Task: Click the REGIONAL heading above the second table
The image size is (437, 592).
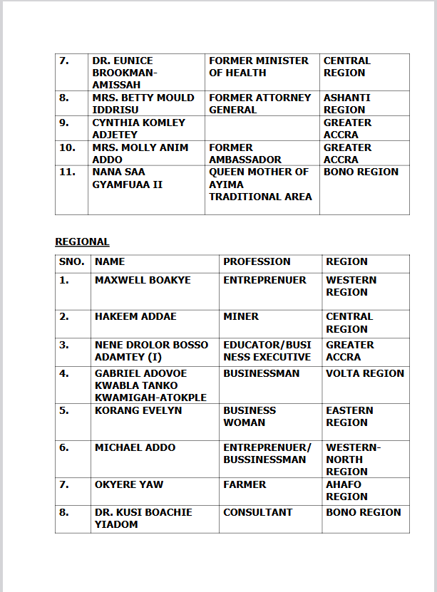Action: pos(82,242)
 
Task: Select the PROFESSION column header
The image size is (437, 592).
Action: pos(257,262)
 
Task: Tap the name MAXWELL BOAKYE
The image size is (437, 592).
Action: pos(143,281)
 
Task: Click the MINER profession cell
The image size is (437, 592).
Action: pos(241,317)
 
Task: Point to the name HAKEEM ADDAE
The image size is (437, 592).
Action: pos(135,317)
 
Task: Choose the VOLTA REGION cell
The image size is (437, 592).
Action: pos(365,373)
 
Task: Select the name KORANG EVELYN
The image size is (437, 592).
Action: pos(138,411)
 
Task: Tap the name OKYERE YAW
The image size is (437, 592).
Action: pos(129,485)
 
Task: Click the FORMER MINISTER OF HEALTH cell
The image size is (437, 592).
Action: pos(259,67)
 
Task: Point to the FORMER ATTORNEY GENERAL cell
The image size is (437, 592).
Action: pos(260,103)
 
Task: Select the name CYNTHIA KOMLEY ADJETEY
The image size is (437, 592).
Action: pos(138,128)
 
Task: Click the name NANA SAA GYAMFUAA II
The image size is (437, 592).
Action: pos(128,178)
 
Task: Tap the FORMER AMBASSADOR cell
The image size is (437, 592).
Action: pos(245,153)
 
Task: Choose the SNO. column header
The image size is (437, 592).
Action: pos(71,262)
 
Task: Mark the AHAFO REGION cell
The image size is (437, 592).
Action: pos(347,491)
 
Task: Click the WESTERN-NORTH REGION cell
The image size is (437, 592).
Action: pos(354,459)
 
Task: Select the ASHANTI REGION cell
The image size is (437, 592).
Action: pos(347,103)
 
